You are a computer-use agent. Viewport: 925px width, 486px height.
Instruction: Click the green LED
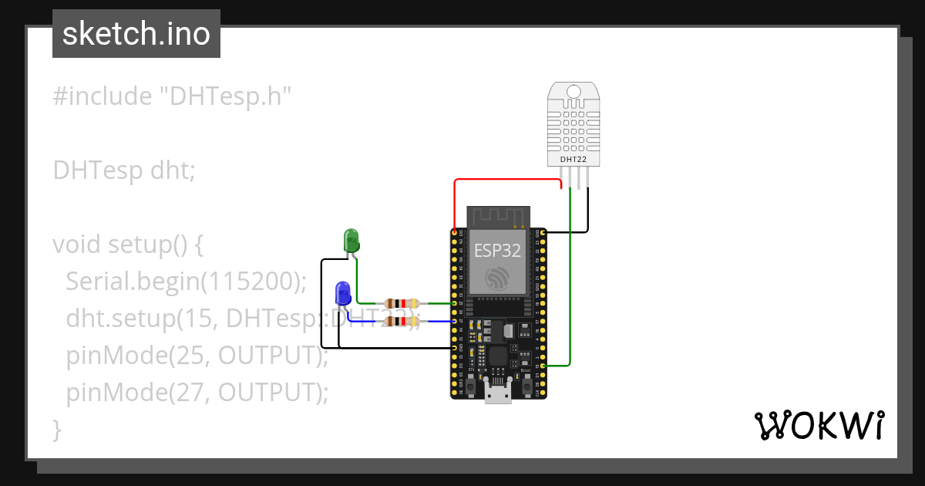[x=351, y=240]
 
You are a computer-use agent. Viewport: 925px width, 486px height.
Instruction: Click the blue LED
[x=343, y=294]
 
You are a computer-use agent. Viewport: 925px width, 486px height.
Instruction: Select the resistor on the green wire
[x=400, y=304]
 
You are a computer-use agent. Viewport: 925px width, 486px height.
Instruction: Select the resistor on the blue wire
[x=400, y=321]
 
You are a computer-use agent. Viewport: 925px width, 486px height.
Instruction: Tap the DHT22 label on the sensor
[x=573, y=159]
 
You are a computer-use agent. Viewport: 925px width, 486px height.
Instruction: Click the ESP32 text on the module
[x=497, y=251]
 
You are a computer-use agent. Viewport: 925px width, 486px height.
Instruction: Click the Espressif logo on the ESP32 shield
[x=497, y=278]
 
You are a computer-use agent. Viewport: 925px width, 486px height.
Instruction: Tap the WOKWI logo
[x=819, y=425]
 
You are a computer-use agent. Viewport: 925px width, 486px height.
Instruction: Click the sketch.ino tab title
[x=136, y=34]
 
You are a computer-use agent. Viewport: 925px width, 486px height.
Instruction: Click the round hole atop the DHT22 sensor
[x=573, y=92]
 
